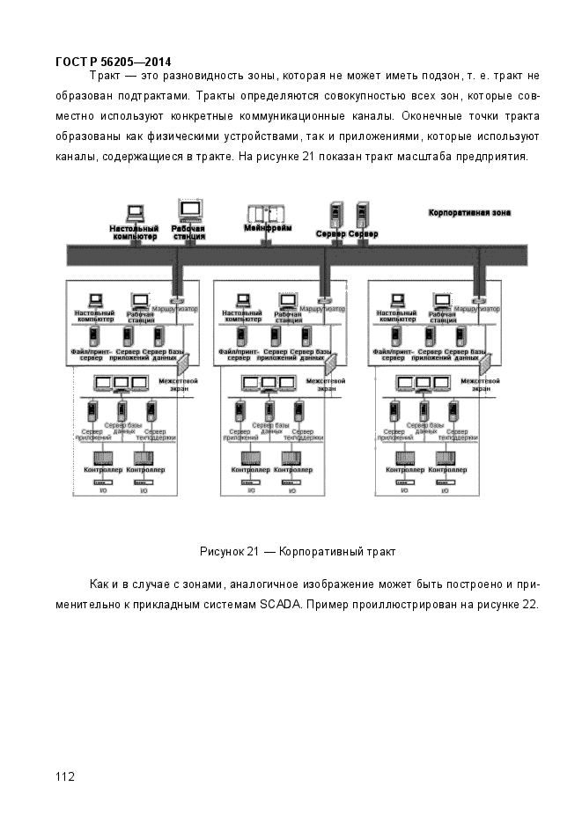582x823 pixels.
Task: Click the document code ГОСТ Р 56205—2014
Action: [113, 62]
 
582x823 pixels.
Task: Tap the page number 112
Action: [64, 775]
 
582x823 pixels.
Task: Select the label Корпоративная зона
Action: [469, 213]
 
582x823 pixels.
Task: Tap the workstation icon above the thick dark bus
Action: [189, 210]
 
